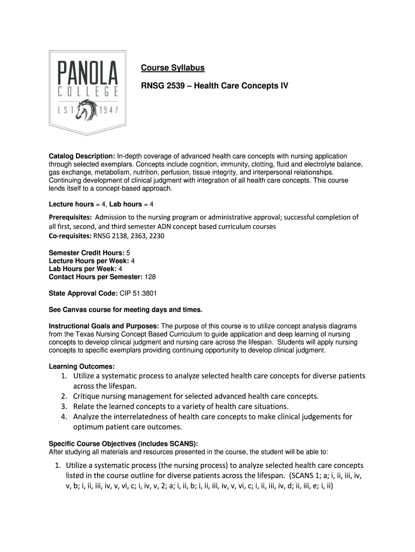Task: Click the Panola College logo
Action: click(88, 92)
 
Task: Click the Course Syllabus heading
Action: click(172, 68)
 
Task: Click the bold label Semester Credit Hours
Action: click(86, 253)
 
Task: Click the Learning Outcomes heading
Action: click(81, 367)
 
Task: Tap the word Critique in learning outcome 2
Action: click(89, 396)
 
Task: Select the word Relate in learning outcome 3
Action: click(87, 406)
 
